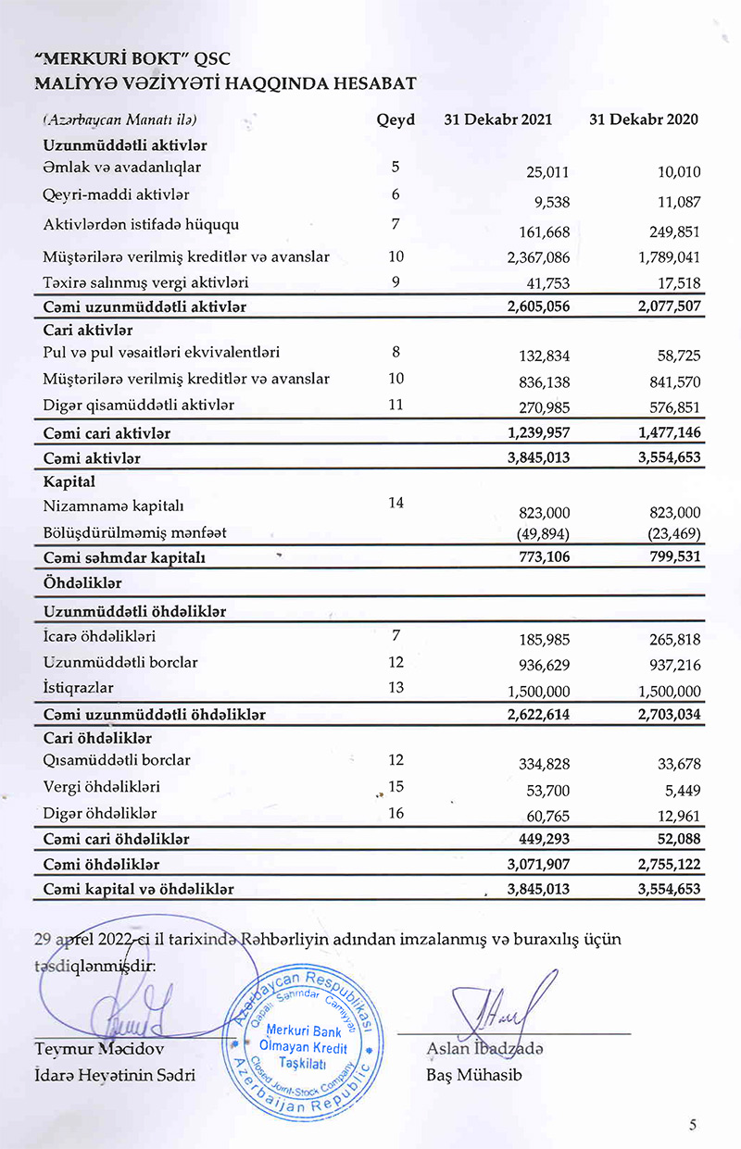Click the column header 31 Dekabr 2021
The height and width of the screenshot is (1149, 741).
497,120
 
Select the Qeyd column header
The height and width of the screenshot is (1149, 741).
396,120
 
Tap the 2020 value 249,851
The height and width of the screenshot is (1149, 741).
670,231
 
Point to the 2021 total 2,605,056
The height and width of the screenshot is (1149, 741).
538,306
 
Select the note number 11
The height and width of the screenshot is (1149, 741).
396,405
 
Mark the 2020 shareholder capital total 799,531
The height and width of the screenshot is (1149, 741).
670,557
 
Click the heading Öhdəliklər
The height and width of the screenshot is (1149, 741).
82,583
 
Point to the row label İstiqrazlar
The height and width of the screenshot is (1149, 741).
77,688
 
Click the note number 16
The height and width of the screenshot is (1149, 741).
396,813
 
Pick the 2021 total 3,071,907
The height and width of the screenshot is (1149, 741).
538,865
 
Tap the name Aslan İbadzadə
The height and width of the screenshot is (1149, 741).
485,1048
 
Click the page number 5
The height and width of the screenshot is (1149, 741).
693,1125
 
